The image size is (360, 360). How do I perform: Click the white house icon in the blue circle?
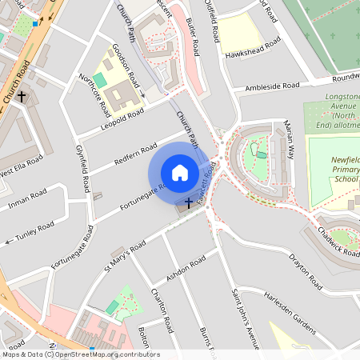click(179, 173)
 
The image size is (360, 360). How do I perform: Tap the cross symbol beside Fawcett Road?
click(189, 203)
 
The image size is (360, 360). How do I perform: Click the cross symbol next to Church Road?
click(22, 97)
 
